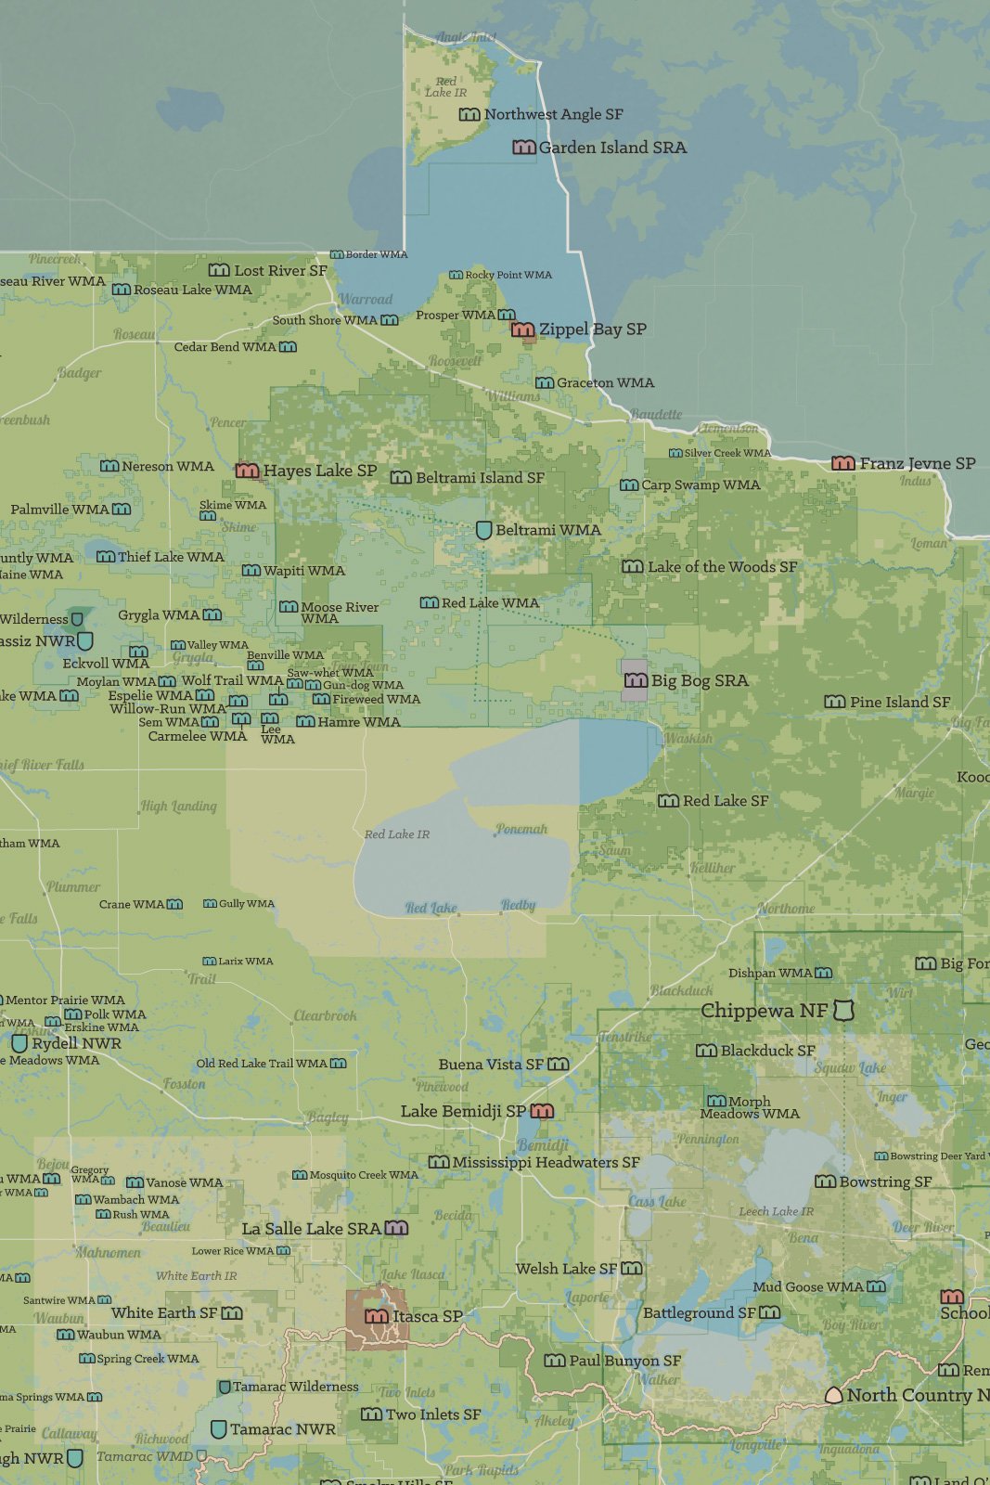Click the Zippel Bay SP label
pos(592,329)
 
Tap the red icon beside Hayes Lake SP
pos(247,471)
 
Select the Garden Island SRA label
pos(612,148)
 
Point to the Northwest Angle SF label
pos(553,114)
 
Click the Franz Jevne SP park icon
pos(842,463)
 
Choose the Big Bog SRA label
pos(700,680)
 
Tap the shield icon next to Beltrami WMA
pos(483,530)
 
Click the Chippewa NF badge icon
pos(842,1010)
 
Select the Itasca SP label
pos(427,1316)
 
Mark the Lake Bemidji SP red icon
pos(542,1111)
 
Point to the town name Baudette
pos(656,414)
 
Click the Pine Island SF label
pos(900,702)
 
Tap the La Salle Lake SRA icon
pos(396,1228)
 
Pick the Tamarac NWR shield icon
pos(218,1429)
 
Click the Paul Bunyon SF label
pos(624,1361)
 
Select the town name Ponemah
pos(521,829)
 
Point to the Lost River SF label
pos(280,270)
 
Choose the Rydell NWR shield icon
pos(19,1043)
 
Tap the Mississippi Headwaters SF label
pos(546,1162)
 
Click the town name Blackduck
pos(682,990)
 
